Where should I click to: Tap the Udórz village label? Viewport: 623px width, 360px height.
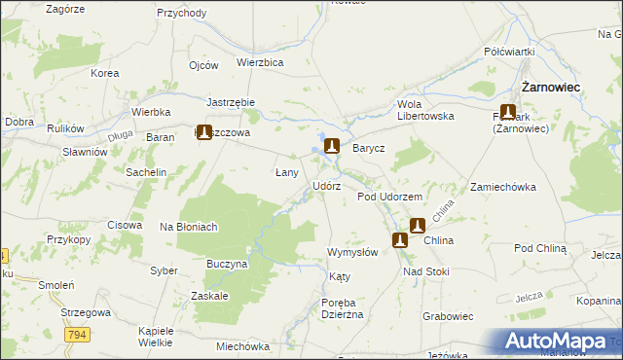tap(326, 186)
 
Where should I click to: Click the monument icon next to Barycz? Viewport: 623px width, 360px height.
tap(332, 147)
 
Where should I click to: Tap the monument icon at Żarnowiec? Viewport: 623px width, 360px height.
tap(508, 112)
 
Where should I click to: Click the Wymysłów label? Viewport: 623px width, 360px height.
tap(352, 252)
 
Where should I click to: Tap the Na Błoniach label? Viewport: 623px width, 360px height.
tap(188, 227)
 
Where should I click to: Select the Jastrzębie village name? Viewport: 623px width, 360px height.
tap(231, 102)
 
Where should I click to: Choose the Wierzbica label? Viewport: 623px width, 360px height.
tap(260, 61)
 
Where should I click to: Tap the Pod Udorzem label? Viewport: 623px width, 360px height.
tap(388, 197)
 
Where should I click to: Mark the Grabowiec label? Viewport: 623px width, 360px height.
tap(448, 316)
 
